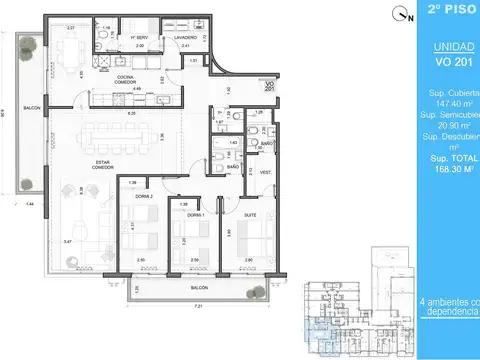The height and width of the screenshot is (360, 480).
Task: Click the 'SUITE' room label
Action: coord(250,215)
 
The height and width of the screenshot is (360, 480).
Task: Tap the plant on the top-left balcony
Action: coord(29,44)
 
